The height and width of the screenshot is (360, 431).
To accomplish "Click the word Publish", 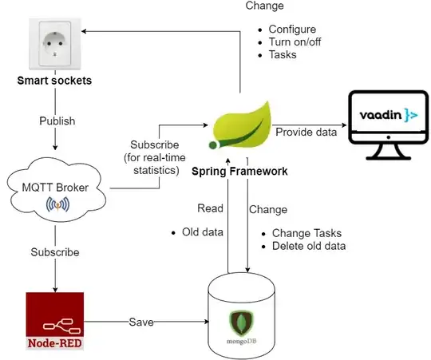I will tap(57, 121).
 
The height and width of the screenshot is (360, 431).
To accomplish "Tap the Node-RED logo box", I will tap(54, 322).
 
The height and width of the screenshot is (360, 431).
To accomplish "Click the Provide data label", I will tap(306, 132).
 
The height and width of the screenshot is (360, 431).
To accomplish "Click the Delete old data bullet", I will tap(309, 246).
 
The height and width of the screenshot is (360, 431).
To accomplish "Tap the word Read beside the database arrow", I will tap(211, 208).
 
